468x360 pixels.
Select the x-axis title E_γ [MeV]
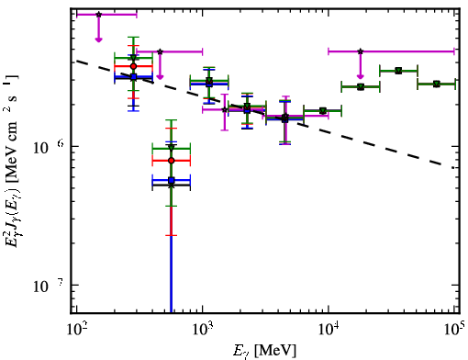click(264, 351)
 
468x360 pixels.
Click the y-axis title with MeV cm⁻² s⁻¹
click(12, 163)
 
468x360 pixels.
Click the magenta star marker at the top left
click(98, 15)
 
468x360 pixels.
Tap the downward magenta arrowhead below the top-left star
click(98, 39)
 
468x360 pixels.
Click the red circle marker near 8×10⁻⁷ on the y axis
click(172, 161)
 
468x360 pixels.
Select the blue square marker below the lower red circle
click(172, 180)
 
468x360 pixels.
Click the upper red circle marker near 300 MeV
click(133, 66)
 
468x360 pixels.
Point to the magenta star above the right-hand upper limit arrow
click(361, 51)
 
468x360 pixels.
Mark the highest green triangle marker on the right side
click(398, 71)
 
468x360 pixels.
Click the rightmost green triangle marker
click(437, 84)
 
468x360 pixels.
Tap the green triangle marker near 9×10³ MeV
click(323, 110)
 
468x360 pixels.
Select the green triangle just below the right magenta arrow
click(361, 87)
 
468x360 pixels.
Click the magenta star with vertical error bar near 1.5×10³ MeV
click(225, 109)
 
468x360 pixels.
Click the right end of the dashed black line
click(454, 168)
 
